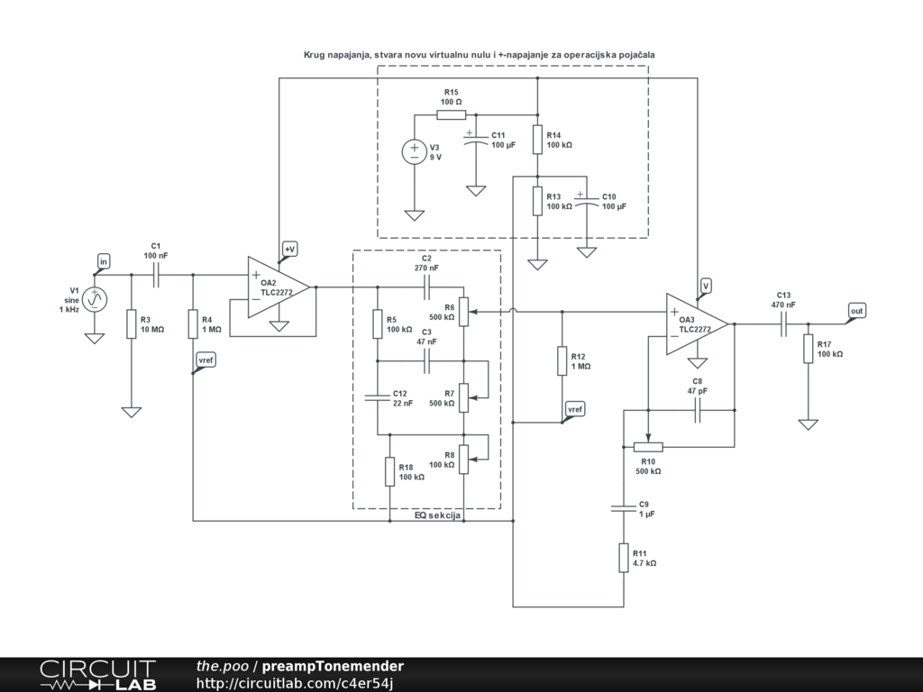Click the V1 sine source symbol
pyautogui.click(x=94, y=299)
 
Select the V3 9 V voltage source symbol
pyautogui.click(x=415, y=151)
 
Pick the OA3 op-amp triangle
pyautogui.click(x=697, y=323)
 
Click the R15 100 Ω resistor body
pyautogui.click(x=452, y=114)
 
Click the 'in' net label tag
pyautogui.click(x=104, y=261)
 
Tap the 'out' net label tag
pyautogui.click(x=857, y=311)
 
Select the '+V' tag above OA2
pyautogui.click(x=289, y=250)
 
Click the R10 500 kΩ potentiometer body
pyautogui.click(x=648, y=447)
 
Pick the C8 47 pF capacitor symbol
pyautogui.click(x=698, y=410)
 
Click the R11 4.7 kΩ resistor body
pyautogui.click(x=624, y=558)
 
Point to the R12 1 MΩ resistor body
pyautogui.click(x=562, y=360)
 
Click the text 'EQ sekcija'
pyautogui.click(x=437, y=515)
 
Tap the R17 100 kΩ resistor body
pyautogui.click(x=809, y=349)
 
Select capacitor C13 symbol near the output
pyautogui.click(x=783, y=323)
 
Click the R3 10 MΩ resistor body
pyautogui.click(x=132, y=323)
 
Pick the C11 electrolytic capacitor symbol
pyautogui.click(x=476, y=139)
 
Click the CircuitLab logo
pyautogui.click(x=97, y=675)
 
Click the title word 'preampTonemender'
pyautogui.click(x=333, y=666)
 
